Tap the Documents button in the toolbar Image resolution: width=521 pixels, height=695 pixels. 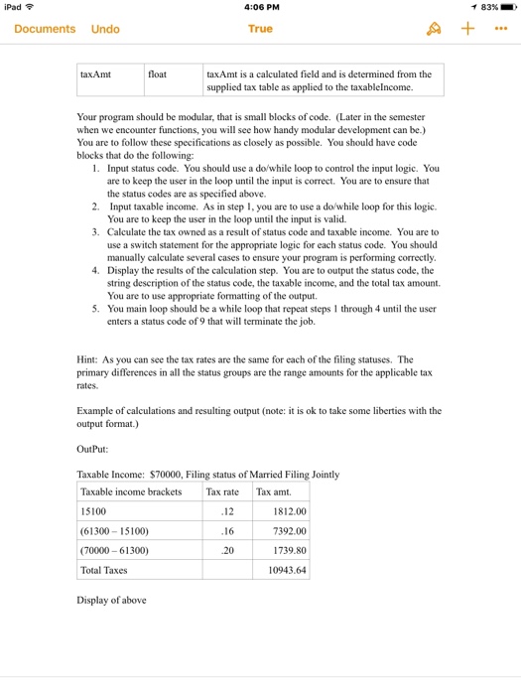pos(45,29)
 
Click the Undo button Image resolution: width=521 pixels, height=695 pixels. pos(105,29)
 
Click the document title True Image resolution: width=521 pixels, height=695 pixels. pos(260,29)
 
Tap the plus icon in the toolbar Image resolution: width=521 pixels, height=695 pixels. pos(468,29)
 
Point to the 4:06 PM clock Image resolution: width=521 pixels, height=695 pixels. pos(260,8)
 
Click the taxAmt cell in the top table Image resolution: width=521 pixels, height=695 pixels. pos(96,74)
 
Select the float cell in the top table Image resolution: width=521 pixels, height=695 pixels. pos(158,74)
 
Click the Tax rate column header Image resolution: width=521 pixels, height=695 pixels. pos(222,491)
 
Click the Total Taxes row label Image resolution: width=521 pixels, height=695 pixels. pos(105,571)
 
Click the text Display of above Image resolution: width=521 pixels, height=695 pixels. pos(111,600)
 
